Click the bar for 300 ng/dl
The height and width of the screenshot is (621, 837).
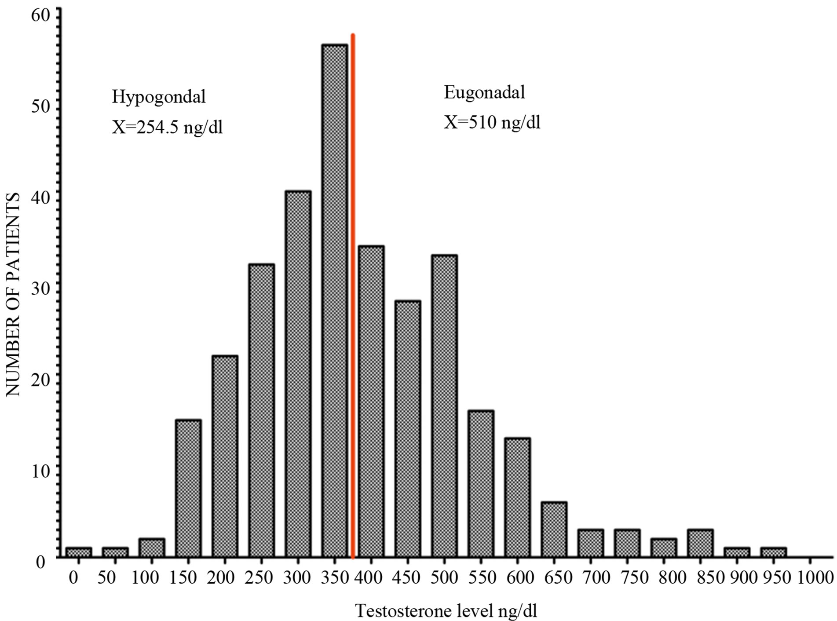[x=298, y=374]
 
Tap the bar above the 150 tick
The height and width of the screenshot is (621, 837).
[x=188, y=488]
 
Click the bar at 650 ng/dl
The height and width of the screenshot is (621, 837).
[x=554, y=530]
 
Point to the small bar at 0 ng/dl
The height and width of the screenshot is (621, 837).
[x=79, y=552]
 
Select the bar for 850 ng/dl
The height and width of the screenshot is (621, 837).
[x=700, y=543]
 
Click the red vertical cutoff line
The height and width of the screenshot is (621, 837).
[x=353, y=264]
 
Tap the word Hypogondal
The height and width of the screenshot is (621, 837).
[x=158, y=97]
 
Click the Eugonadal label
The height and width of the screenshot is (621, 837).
[x=484, y=93]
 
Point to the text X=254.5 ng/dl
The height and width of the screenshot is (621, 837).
[x=167, y=128]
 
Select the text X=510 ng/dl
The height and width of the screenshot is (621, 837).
[x=492, y=122]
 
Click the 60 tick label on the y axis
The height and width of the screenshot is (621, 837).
[x=40, y=16]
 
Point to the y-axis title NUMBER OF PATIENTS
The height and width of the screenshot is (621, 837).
[x=13, y=295]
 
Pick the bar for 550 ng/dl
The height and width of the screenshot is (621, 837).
[x=481, y=484]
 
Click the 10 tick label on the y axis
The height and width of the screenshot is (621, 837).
[x=40, y=471]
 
